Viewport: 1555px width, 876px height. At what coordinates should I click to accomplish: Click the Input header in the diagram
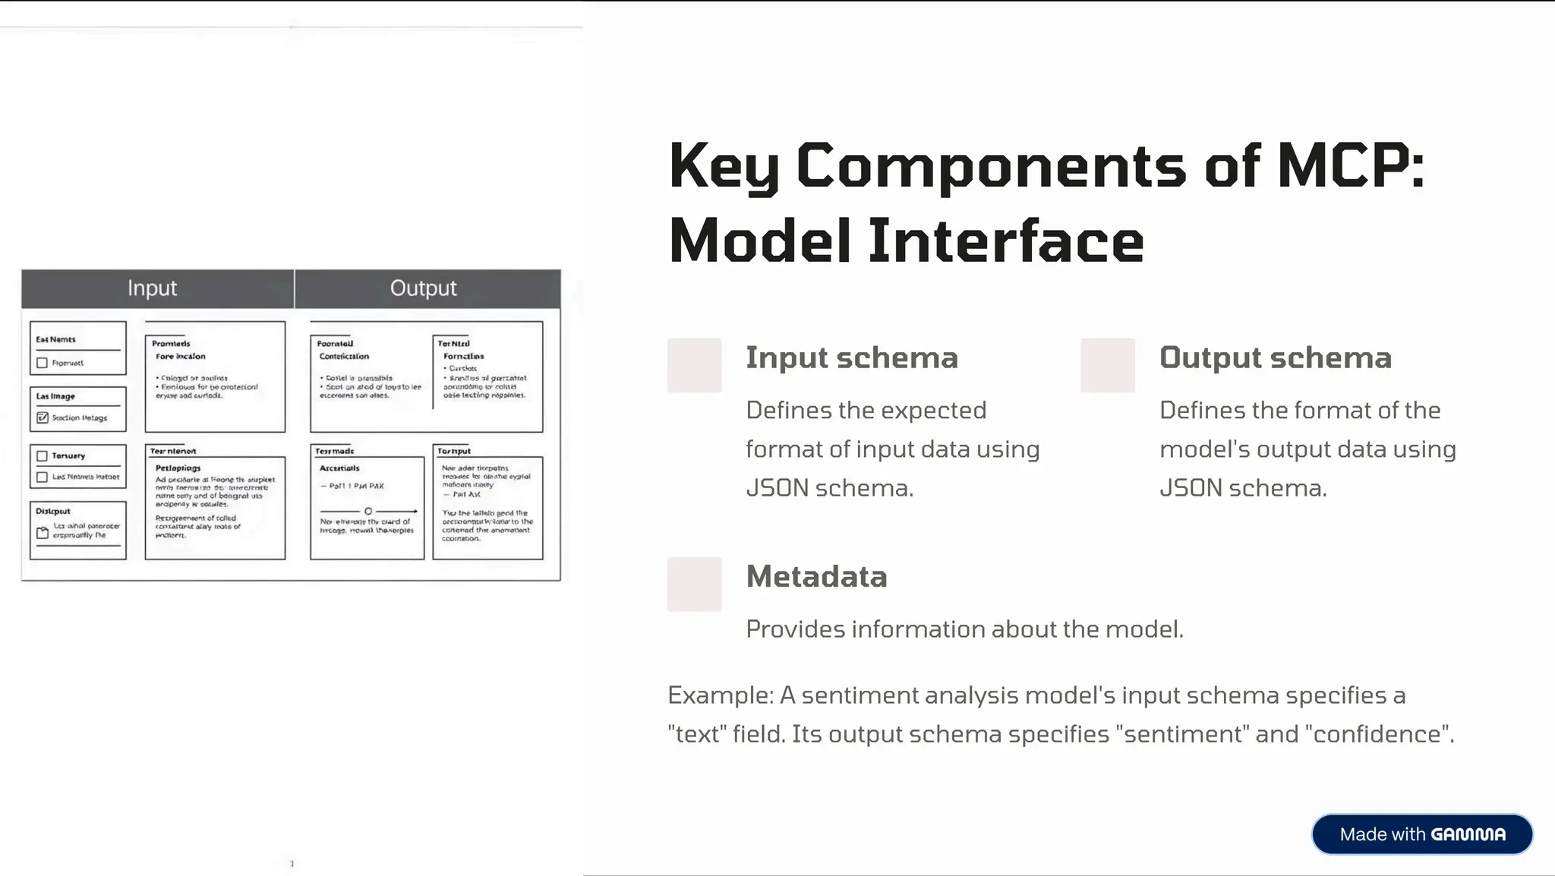[152, 288]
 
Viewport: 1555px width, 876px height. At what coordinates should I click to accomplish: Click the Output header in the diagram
[423, 288]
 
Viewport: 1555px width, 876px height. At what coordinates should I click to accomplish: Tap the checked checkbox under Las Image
[43, 418]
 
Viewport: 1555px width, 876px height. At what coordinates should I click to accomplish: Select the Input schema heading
[851, 358]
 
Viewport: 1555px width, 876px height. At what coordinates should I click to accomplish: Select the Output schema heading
[1275, 358]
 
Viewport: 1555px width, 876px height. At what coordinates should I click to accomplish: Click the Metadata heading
[816, 577]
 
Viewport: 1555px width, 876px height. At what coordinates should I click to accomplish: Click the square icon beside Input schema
[694, 365]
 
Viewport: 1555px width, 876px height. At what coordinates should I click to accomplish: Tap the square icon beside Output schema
[1107, 365]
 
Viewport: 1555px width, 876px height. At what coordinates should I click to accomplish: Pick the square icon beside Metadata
[694, 584]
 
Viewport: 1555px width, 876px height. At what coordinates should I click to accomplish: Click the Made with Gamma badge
[1421, 834]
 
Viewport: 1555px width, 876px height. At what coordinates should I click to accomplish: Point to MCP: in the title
[1351, 165]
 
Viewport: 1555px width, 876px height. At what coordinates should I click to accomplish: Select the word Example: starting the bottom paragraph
[720, 695]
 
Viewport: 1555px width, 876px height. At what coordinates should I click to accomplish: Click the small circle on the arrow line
[368, 511]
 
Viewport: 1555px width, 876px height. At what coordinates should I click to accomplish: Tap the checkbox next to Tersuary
[43, 456]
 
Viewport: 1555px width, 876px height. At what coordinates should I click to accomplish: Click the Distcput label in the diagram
[53, 512]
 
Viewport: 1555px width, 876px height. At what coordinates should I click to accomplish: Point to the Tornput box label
[454, 451]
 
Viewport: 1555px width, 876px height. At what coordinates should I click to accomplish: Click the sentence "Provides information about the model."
[964, 629]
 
